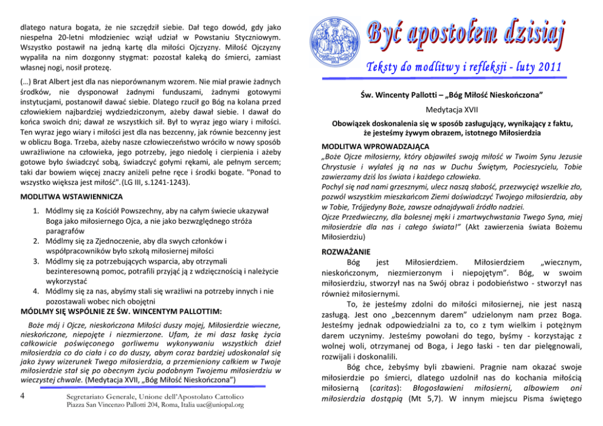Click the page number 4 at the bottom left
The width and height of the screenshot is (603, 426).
(22, 395)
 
